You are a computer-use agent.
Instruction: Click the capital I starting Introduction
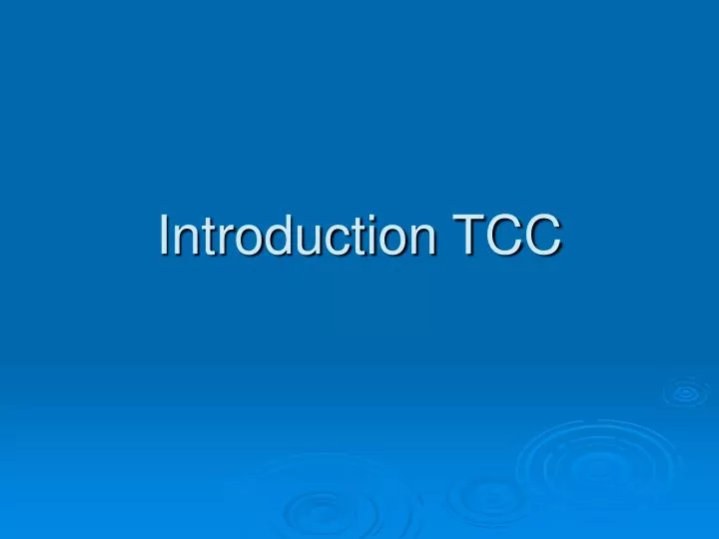165,238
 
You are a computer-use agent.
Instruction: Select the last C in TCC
540,238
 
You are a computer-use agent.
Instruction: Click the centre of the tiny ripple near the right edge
686,393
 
